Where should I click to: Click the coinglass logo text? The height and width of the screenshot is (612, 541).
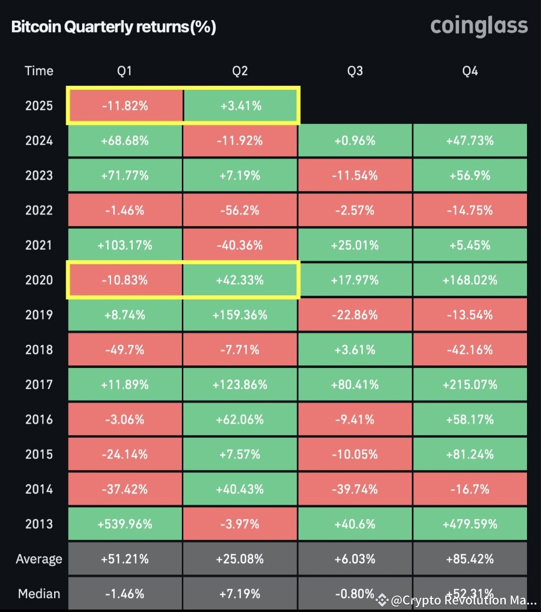(479, 26)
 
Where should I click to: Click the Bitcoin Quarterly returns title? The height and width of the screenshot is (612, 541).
(114, 27)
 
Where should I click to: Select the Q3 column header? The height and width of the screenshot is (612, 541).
(355, 71)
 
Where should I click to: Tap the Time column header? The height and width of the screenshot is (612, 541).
(39, 71)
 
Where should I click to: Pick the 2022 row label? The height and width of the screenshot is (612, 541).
(39, 210)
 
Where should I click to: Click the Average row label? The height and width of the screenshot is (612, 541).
(39, 559)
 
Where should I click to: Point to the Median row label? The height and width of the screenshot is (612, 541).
(39, 594)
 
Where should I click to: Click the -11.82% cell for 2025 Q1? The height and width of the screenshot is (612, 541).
(125, 106)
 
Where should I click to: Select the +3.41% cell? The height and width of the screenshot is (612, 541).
(240, 106)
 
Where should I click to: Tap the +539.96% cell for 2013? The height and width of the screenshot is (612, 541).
(125, 524)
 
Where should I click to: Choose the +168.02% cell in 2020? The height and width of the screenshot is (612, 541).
(470, 280)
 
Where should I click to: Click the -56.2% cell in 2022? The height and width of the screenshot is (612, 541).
(240, 210)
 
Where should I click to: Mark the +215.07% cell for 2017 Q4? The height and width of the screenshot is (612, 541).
(470, 384)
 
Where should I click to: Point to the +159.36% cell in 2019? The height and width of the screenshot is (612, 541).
(240, 315)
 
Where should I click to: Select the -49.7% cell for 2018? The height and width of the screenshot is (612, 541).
(125, 350)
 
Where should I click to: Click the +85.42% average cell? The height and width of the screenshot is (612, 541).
(470, 559)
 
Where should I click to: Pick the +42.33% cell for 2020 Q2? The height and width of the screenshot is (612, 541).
(240, 280)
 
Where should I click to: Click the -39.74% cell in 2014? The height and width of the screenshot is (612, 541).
(355, 489)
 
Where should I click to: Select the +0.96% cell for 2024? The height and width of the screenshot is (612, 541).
(355, 140)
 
